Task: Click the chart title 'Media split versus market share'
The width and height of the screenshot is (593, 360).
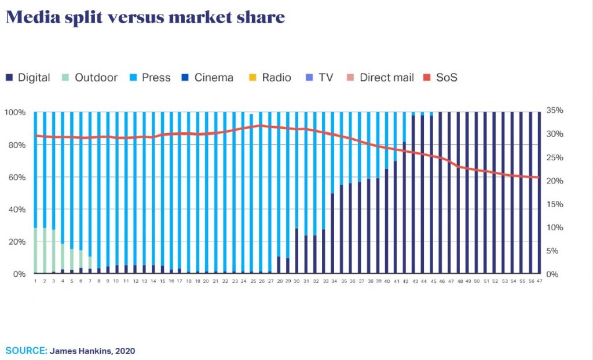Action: click(x=145, y=17)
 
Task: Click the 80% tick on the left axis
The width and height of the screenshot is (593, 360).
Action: click(x=16, y=145)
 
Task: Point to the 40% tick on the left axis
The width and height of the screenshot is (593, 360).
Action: click(x=16, y=210)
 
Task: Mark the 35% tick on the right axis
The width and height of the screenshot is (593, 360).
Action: click(x=555, y=111)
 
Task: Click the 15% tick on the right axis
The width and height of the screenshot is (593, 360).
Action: click(x=555, y=204)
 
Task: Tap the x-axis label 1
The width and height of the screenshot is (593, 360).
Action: click(x=35, y=281)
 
